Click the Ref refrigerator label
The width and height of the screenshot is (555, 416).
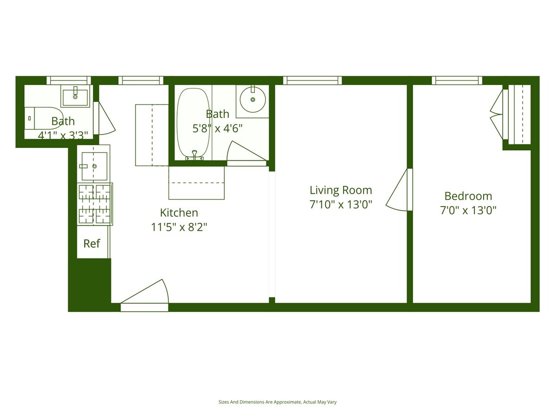click(92, 244)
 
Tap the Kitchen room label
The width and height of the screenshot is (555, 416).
click(179, 213)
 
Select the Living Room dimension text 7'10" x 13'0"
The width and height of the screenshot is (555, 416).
click(341, 204)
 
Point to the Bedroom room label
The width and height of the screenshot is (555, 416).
click(468, 196)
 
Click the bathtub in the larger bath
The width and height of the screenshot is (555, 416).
click(193, 122)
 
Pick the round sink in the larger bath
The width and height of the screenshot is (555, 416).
click(253, 99)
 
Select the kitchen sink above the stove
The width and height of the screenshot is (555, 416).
click(94, 166)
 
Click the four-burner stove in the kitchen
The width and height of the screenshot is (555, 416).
click(95, 204)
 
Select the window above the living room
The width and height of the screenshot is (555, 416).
click(312, 80)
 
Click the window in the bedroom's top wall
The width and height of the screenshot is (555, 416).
click(457, 80)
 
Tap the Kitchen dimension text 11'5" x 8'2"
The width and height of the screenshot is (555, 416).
click(179, 227)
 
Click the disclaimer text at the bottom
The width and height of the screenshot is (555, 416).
click(277, 402)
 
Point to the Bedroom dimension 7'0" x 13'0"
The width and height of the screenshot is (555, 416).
click(468, 211)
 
